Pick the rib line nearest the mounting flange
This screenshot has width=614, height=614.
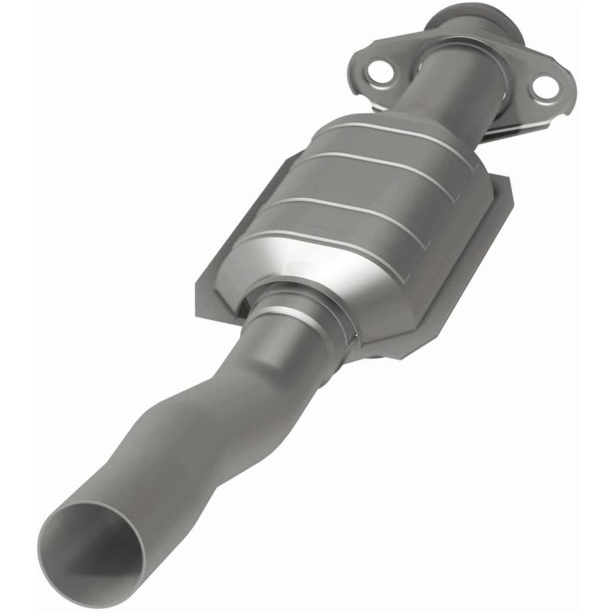coord(399,134)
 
